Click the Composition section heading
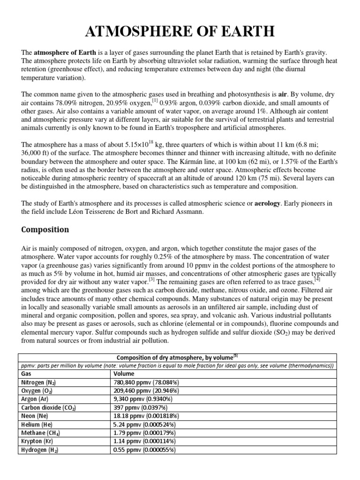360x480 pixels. [45, 230]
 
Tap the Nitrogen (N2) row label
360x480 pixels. [41, 382]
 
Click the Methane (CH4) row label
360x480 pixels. [41, 433]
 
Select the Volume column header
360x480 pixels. [124, 374]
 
